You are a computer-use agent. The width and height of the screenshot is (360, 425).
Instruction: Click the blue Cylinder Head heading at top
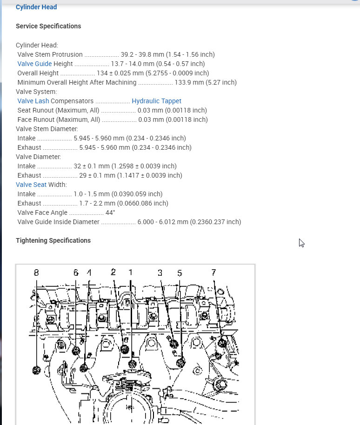point(36,7)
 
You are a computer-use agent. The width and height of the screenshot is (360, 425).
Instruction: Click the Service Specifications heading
point(48,26)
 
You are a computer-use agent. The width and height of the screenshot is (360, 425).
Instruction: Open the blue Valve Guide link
point(34,64)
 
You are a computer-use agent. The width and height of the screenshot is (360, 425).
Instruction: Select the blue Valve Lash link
point(33,101)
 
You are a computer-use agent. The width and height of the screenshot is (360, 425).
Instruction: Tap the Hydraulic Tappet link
point(156,101)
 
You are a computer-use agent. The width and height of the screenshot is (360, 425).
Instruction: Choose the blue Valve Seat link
point(31,185)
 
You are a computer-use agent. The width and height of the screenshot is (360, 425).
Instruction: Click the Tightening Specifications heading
point(53,240)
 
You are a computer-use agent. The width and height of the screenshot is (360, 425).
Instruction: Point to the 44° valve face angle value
point(110,212)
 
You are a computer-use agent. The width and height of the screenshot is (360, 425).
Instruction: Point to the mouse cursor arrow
point(301,242)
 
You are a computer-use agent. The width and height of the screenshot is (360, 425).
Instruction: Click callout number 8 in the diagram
point(36,273)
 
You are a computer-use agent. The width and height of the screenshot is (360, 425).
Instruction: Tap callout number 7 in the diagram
point(213,272)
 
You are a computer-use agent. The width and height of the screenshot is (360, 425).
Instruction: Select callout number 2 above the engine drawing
point(113,272)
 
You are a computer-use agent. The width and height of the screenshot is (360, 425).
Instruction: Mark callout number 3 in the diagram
point(160,272)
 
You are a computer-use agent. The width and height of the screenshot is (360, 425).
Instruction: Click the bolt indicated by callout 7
point(222,344)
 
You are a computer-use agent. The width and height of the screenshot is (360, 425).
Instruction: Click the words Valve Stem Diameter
point(47,129)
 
